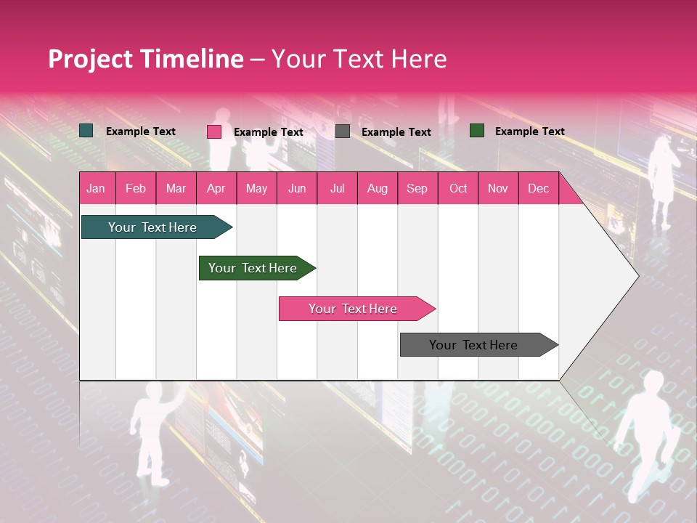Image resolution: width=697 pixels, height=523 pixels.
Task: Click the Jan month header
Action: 96,188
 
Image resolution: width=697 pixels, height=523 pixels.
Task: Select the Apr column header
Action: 216,188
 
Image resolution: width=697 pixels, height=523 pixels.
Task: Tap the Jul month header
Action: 337,188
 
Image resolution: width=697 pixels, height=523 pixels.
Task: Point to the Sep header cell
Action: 417,188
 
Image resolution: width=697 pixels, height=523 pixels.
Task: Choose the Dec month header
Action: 538,188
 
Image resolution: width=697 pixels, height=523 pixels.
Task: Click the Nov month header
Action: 498,188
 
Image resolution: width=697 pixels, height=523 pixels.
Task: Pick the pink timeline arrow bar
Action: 354,309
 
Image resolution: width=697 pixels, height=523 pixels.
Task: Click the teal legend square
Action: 86,131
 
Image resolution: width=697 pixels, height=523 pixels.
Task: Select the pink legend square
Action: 214,131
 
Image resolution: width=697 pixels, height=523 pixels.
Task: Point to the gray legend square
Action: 343,131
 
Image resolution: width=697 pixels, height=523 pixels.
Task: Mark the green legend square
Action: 477,131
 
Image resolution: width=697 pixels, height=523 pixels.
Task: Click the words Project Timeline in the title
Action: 146,59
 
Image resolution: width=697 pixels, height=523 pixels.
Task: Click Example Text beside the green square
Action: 529,131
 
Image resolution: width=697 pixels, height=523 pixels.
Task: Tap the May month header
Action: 256,188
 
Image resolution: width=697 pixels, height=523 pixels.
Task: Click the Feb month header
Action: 136,188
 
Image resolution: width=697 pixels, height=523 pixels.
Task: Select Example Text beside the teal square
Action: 140,131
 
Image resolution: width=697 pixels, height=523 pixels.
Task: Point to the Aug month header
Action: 378,188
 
